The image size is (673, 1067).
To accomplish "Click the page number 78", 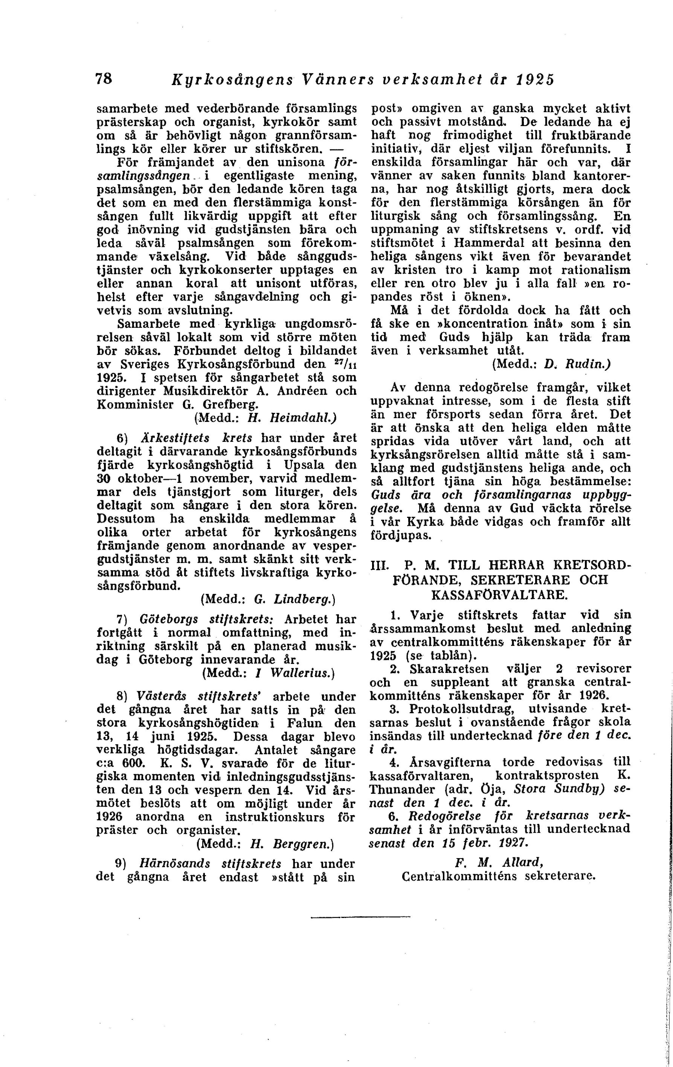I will tap(104, 79).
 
